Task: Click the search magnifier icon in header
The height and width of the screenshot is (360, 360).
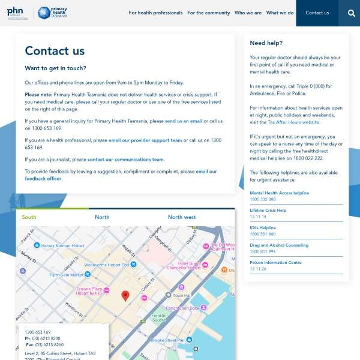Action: click(x=351, y=13)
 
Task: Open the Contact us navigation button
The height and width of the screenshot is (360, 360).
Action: click(x=317, y=13)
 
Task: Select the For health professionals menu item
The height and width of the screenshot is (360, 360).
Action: click(x=155, y=13)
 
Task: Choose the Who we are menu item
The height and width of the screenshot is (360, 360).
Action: click(x=248, y=13)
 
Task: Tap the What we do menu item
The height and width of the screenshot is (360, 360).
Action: click(x=280, y=13)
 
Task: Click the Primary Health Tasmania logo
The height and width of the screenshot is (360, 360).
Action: click(x=52, y=13)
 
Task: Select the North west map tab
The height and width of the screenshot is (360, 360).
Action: click(x=182, y=217)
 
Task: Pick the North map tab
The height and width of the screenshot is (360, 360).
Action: click(x=102, y=217)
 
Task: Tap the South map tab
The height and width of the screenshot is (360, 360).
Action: click(x=29, y=217)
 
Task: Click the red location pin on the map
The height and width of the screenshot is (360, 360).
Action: click(x=125, y=295)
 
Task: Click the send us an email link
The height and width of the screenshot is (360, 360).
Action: click(x=184, y=121)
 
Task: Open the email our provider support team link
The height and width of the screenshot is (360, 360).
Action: click(x=145, y=140)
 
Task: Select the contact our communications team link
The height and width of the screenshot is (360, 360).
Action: click(x=125, y=159)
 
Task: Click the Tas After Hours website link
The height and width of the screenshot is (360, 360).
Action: click(x=293, y=122)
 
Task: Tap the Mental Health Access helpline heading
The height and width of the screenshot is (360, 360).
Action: click(x=279, y=193)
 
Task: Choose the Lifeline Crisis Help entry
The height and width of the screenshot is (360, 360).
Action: click(x=268, y=211)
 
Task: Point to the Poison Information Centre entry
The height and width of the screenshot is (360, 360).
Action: click(x=275, y=262)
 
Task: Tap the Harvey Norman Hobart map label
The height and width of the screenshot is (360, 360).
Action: click(x=62, y=245)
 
